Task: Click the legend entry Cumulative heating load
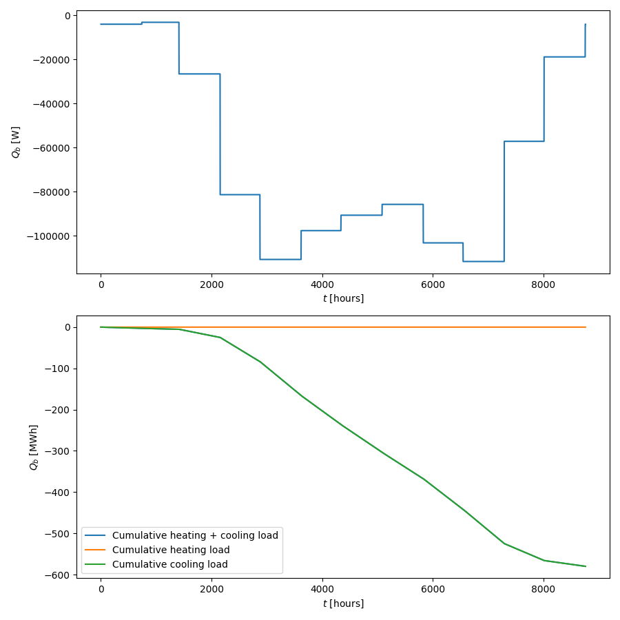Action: (171, 550)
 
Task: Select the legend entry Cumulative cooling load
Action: (170, 564)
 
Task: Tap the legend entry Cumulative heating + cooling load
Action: (195, 535)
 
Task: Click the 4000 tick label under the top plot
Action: (322, 285)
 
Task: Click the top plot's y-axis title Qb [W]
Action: (16, 142)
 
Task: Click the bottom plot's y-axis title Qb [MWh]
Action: (34, 447)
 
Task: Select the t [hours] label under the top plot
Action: (343, 298)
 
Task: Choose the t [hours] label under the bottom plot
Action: (343, 603)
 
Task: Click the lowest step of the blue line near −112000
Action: (484, 261)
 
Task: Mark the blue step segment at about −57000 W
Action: (524, 141)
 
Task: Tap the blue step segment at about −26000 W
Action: (199, 74)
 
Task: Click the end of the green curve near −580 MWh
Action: (585, 566)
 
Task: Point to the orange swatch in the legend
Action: (96, 550)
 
